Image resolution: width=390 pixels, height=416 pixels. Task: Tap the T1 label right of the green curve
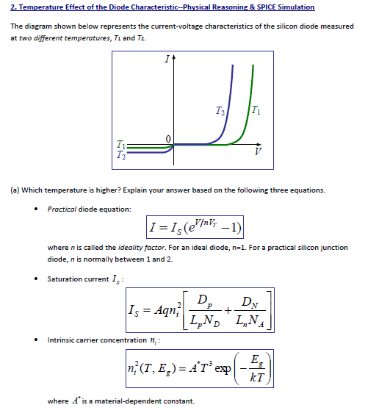click(254, 111)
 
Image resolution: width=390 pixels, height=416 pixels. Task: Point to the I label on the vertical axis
click(167, 58)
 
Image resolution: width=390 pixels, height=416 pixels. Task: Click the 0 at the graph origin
click(167, 138)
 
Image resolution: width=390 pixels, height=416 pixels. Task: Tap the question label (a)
click(15, 190)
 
